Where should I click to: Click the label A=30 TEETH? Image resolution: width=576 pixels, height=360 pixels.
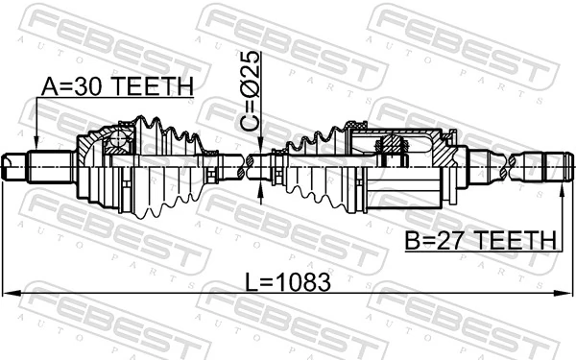coord(116,86)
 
